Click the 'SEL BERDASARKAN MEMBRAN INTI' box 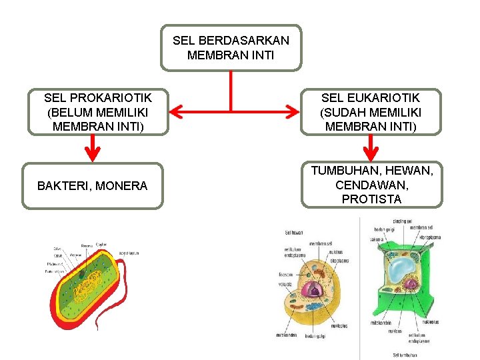point(231,48)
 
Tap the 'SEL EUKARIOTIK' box point(370,112)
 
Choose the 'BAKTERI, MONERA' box point(92,186)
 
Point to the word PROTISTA point(371,199)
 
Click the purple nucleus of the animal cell point(311,289)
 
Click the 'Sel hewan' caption point(294,233)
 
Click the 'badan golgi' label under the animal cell point(315,335)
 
